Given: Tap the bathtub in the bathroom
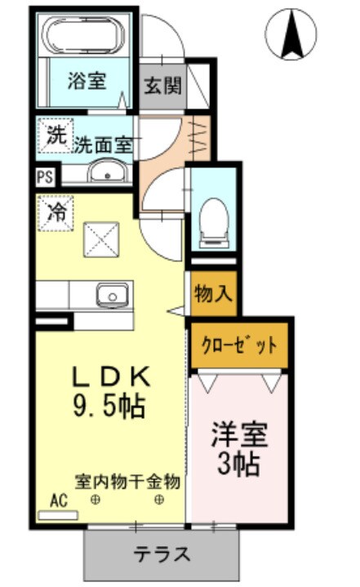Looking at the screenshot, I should pyautogui.click(x=85, y=38).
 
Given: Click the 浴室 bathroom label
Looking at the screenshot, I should pyautogui.click(x=87, y=82).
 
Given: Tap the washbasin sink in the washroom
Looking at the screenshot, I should pyautogui.click(x=104, y=172).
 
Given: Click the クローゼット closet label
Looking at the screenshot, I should pyautogui.click(x=239, y=345).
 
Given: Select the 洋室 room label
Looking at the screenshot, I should pyautogui.click(x=241, y=433).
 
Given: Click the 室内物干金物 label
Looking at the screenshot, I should pyautogui.click(x=127, y=481).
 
